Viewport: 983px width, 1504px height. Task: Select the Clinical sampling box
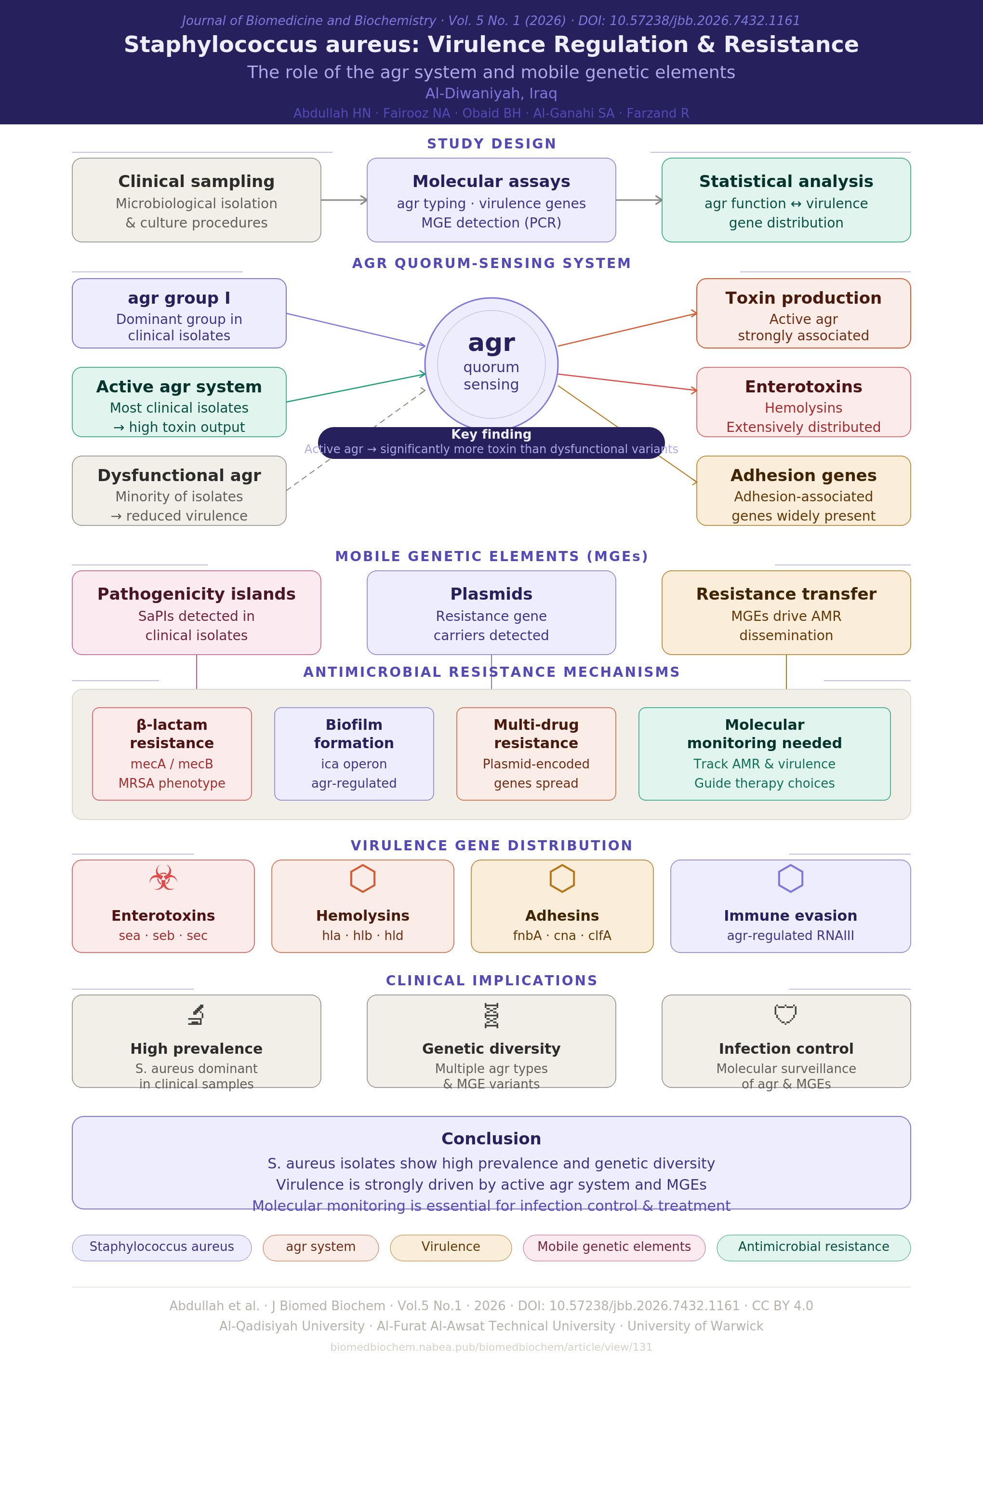197,200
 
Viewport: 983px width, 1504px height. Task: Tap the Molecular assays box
491,200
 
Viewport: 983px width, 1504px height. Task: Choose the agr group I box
179,313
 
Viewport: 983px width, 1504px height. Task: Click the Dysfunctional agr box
179,490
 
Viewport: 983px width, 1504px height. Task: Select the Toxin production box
804,313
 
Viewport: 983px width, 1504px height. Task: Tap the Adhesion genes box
804,490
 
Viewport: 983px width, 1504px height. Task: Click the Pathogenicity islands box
197,612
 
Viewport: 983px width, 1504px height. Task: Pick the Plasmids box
491,612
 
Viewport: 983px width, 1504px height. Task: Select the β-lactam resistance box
172,754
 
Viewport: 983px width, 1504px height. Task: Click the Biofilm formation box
354,754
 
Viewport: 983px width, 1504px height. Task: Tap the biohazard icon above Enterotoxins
163,878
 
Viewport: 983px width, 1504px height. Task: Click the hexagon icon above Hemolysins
363,878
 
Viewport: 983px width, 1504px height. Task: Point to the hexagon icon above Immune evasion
790,878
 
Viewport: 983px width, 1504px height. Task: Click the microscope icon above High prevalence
197,1015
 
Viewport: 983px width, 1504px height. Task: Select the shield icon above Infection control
786,1014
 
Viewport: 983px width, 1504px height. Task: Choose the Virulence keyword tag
451,1248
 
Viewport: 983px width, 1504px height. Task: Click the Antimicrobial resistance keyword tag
814,1248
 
